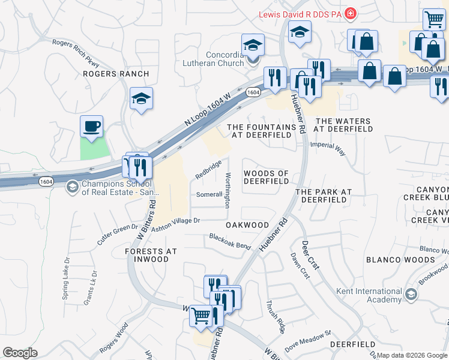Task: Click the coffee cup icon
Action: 92,127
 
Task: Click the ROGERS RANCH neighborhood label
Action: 116,74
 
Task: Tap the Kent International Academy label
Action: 369,295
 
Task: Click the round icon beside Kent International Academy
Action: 411,295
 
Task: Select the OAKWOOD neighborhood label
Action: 247,225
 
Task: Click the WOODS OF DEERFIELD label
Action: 266,177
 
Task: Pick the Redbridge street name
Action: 208,170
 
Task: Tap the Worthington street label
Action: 228,190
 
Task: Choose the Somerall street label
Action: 209,194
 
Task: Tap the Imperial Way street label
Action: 328,149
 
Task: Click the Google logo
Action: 20,353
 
